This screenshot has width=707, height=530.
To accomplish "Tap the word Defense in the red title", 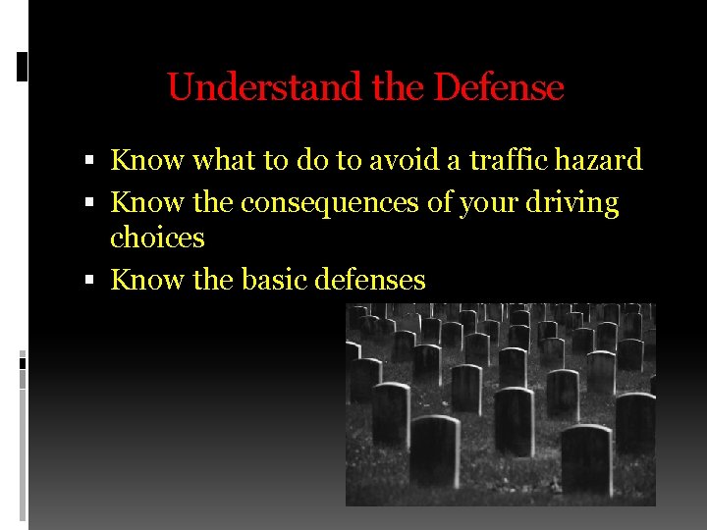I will click(x=499, y=87).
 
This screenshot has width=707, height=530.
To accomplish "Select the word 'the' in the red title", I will click(x=399, y=87).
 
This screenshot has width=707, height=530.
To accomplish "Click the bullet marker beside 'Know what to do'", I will click(x=89, y=161).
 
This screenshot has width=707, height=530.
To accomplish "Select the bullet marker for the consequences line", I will click(x=89, y=204).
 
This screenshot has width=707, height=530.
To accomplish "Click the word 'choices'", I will click(x=157, y=238).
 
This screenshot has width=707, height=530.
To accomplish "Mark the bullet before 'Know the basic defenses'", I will click(x=89, y=281).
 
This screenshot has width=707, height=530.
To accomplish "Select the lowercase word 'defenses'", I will click(x=370, y=280).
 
